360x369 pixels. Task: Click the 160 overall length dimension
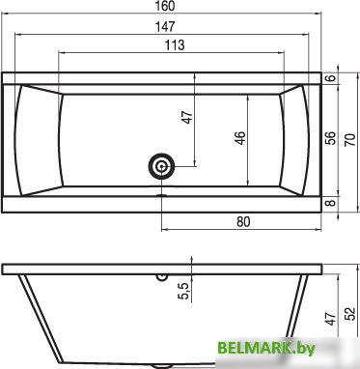166,6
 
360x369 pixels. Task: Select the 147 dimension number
165,26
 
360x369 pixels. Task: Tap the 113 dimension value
175,45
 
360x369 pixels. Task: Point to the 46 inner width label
240,138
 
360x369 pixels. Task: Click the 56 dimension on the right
331,138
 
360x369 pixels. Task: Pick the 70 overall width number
350,140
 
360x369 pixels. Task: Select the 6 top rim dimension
332,77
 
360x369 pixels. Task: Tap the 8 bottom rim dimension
332,203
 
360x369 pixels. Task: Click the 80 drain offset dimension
243,221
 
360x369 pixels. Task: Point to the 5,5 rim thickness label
185,291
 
